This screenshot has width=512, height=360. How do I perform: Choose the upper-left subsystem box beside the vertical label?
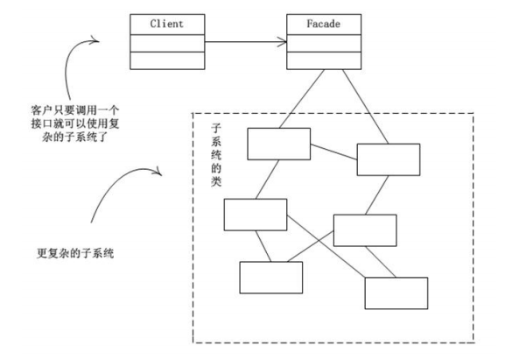[x=277, y=144]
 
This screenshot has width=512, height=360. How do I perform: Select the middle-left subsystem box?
[x=255, y=215]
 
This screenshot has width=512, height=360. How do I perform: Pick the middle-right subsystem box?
[x=365, y=229]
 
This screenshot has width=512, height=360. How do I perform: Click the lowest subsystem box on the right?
[x=396, y=293]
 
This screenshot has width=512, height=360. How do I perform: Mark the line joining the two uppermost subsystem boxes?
[x=333, y=152]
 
